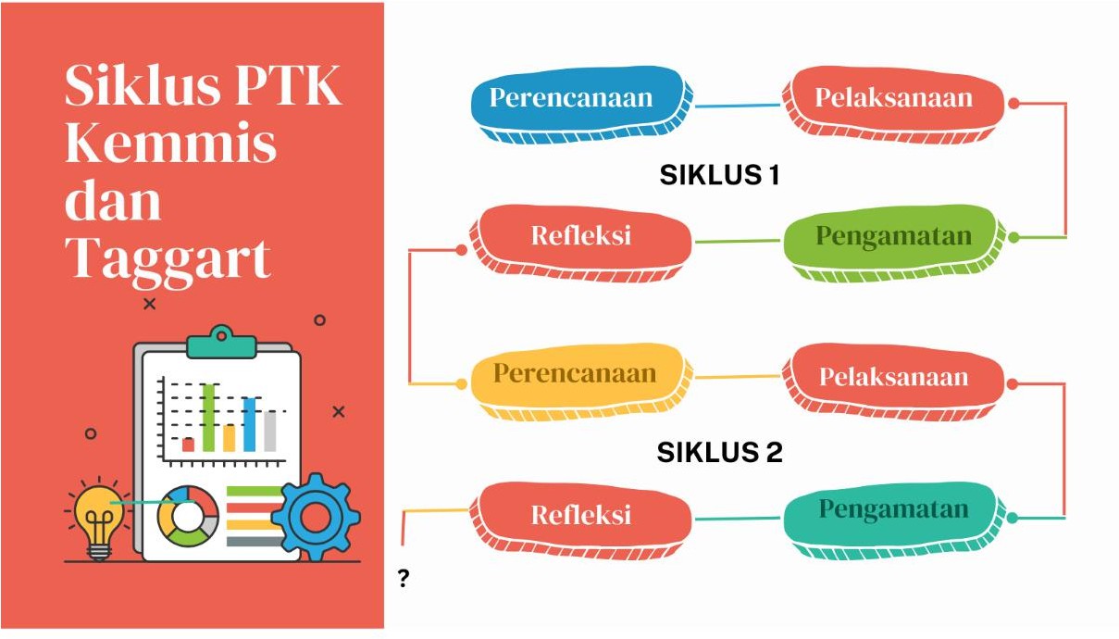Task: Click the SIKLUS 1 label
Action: coord(719,175)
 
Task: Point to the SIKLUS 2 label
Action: coord(719,453)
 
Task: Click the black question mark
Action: coord(404,580)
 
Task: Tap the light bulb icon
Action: coord(98,519)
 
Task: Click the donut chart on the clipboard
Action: coord(189,514)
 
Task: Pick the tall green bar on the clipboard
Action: coord(209,417)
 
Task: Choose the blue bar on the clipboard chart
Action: coord(249,424)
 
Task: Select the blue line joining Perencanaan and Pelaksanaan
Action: coord(737,105)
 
